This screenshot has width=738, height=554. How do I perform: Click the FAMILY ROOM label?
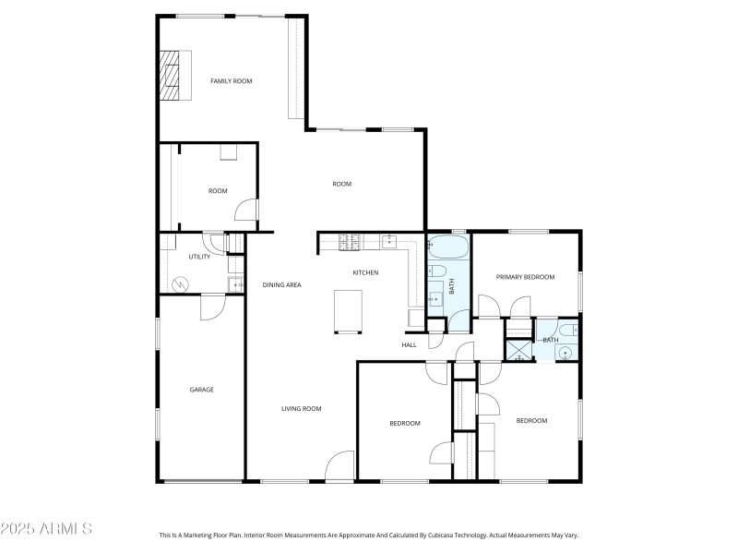[x=231, y=81]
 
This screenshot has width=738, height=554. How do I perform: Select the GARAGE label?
[x=202, y=390]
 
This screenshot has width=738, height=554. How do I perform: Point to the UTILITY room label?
[x=199, y=257]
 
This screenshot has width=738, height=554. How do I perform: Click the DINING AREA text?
[x=281, y=284]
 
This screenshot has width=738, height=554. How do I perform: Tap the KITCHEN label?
[x=365, y=272]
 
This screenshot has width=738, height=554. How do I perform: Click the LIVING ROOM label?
[x=301, y=408]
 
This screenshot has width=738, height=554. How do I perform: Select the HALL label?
[x=409, y=344]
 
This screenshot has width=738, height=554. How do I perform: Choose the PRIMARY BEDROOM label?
[x=525, y=276]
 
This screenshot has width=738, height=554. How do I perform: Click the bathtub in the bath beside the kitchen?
[x=449, y=247]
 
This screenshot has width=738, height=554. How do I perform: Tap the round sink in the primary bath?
[x=565, y=351]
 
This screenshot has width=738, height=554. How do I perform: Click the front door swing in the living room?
[x=339, y=465]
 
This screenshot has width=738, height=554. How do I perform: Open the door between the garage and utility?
[x=212, y=306]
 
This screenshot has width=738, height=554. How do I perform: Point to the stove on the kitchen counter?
[x=351, y=243]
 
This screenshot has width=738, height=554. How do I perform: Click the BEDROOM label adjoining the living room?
[x=404, y=423]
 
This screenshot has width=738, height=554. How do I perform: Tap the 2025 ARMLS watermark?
[x=46, y=530]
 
